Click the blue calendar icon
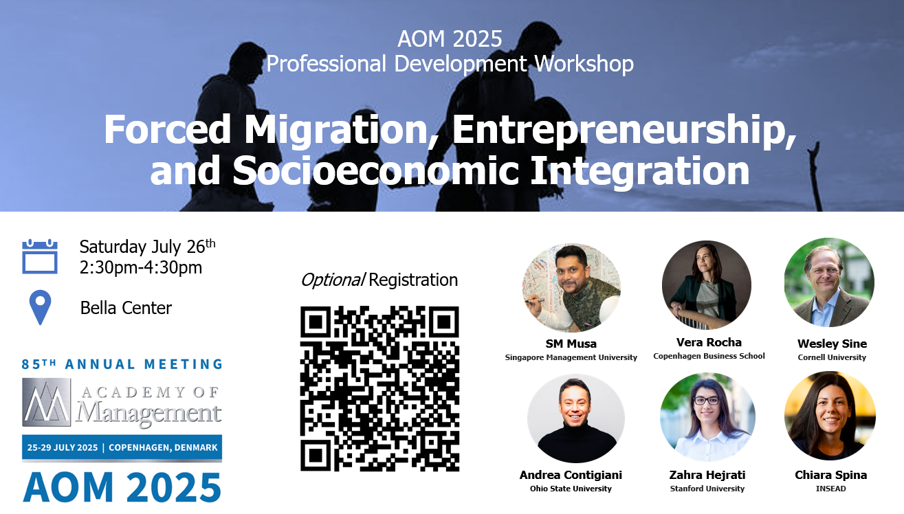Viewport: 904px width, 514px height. coord(40,256)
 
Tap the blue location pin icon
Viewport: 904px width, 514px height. coord(41,307)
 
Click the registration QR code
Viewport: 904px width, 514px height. coord(379,388)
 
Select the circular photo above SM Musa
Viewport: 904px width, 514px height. coord(571,288)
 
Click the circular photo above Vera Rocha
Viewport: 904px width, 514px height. coord(707,285)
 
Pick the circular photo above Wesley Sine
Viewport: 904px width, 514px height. coord(829,282)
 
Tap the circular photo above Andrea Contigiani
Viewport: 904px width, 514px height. coord(576,418)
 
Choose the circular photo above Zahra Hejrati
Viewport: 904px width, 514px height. coord(707,417)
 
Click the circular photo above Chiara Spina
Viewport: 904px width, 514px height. coord(830,416)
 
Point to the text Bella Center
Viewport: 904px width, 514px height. coord(126,308)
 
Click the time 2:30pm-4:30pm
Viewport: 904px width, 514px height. coord(141,267)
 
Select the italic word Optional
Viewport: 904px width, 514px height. coord(333,280)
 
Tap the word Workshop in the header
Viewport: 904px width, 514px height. coord(584,64)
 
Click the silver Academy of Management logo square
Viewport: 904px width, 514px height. coord(47,402)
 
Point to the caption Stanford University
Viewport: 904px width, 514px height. coord(707,489)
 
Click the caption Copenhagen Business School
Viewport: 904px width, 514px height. coord(709,356)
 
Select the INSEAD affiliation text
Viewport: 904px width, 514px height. coord(830,489)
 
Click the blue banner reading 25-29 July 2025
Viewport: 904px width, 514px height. coord(122,447)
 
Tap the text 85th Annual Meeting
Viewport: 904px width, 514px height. coord(122,364)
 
